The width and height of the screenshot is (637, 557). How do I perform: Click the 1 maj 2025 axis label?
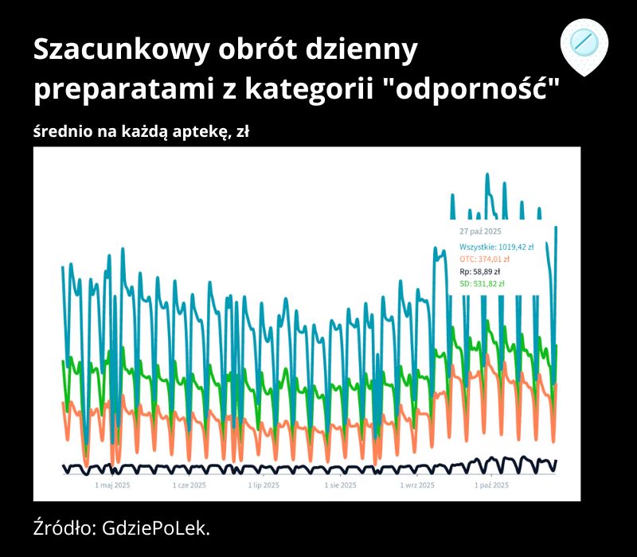(113, 484)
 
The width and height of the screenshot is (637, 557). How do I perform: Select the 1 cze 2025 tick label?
(190, 484)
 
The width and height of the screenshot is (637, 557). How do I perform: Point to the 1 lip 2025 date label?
(264, 484)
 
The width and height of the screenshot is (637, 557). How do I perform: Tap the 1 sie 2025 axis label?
(341, 484)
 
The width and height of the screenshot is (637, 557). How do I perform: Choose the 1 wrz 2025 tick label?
(417, 484)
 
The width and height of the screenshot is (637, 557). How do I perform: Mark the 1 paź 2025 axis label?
(491, 484)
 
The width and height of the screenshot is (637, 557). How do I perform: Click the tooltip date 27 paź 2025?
(480, 231)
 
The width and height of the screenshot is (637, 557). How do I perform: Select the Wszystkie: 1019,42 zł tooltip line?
(496, 247)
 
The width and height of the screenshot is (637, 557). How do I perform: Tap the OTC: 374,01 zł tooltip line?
(485, 259)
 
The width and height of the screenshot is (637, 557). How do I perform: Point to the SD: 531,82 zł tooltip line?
(482, 282)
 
